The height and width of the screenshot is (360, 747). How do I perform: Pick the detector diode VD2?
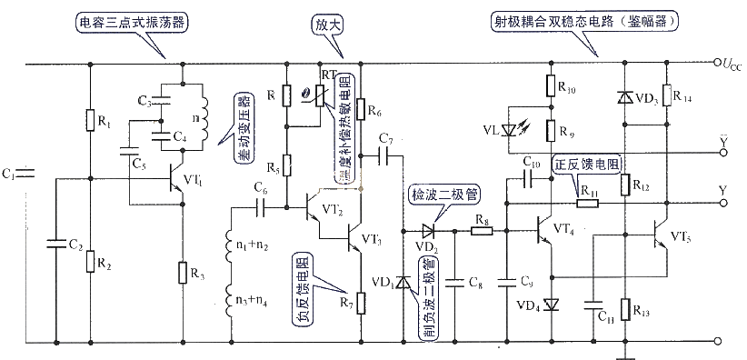pyautogui.click(x=425, y=231)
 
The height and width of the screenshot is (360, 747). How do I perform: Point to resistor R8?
pyautogui.click(x=481, y=231)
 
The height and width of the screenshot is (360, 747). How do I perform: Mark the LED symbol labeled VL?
pyautogui.click(x=521, y=131)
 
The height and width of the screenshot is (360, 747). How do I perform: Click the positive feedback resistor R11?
pyautogui.click(x=587, y=202)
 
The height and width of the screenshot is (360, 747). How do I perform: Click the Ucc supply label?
pyautogui.click(x=730, y=65)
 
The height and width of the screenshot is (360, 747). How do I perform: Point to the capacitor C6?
pyautogui.click(x=262, y=206)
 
